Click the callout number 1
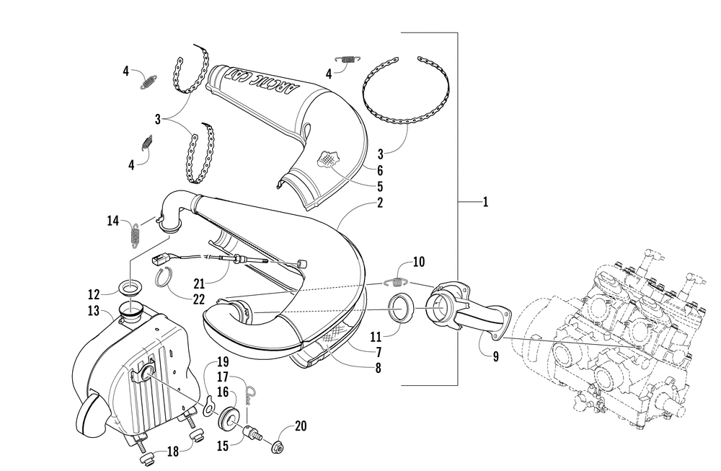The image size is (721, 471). (x=485, y=203)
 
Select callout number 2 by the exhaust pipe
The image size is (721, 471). (x=379, y=203)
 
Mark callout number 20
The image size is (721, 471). (x=301, y=426)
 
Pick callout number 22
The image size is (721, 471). (x=199, y=299)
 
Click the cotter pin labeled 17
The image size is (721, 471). (x=249, y=392)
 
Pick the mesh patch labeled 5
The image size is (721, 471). (x=329, y=159)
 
